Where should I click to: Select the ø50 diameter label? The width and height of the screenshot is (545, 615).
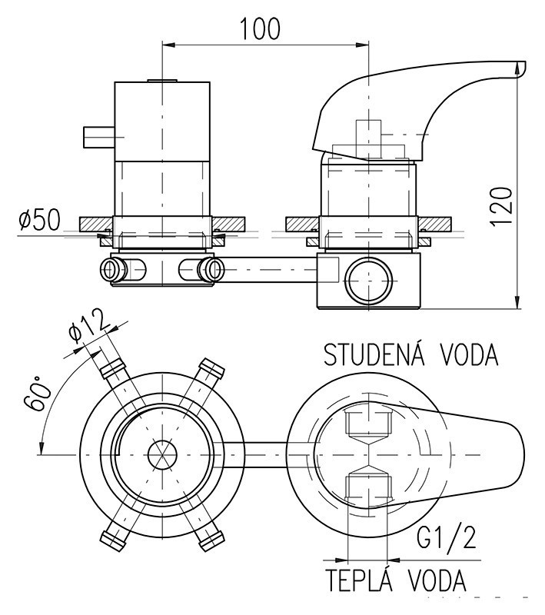[39, 221]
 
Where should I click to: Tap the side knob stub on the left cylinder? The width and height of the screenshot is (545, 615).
[98, 137]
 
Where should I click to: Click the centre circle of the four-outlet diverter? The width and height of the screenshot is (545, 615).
[161, 454]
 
